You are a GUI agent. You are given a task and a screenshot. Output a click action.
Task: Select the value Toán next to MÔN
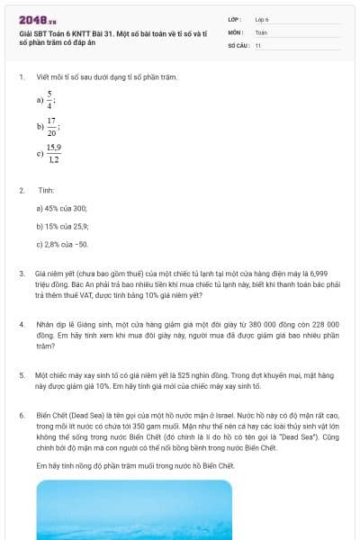tap(261, 31)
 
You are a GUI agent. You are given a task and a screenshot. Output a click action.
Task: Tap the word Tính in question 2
tap(46, 191)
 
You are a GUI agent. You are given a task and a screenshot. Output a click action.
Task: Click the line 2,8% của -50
tap(62, 244)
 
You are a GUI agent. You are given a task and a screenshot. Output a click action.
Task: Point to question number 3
tap(22, 273)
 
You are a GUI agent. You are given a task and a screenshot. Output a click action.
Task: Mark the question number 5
tap(22, 374)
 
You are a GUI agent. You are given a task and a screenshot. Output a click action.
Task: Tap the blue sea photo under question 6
tap(179, 509)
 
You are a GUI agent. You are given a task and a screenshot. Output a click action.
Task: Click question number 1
tap(22, 77)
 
